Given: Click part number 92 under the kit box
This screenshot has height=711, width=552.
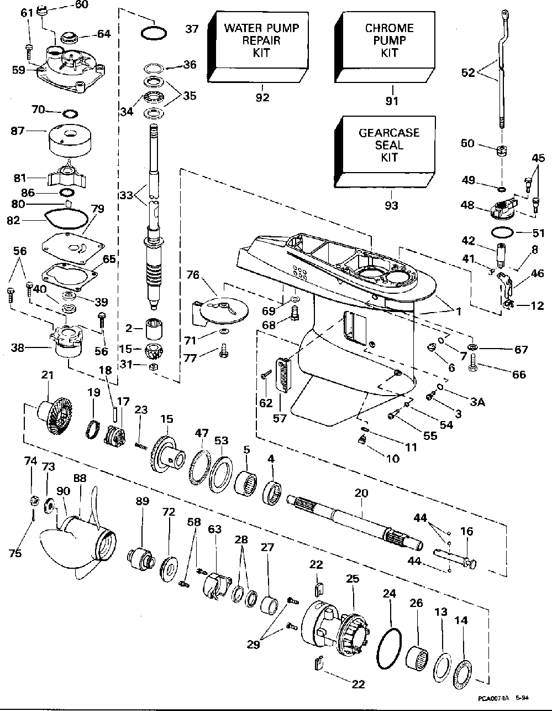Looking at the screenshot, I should pos(262,98).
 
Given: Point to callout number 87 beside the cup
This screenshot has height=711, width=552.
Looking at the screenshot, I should pos(33,131).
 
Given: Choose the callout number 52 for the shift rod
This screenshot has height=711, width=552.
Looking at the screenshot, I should pos(468,72).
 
